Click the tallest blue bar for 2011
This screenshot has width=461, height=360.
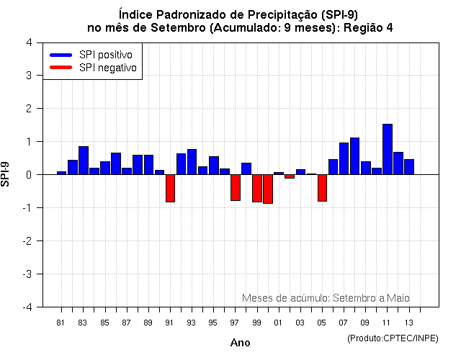[388, 149]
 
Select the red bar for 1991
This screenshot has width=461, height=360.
[170, 188]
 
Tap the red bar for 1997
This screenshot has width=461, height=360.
[236, 187]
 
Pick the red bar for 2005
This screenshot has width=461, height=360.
[322, 188]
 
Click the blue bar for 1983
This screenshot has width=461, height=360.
[84, 161]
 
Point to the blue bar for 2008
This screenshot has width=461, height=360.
[354, 156]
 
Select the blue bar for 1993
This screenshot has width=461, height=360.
[192, 162]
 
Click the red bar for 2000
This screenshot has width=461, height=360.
[268, 189]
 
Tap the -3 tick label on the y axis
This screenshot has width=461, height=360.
[27, 274]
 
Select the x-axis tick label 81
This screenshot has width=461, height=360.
[61, 323]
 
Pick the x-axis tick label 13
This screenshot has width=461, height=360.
[409, 323]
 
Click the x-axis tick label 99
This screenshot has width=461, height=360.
[257, 323]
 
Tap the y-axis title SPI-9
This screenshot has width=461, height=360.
[6, 174]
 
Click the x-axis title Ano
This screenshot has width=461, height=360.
[241, 343]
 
